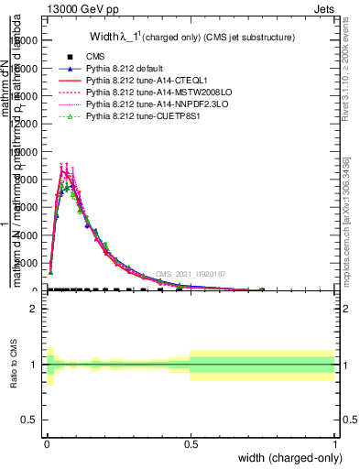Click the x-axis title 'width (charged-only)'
tap(287, 458)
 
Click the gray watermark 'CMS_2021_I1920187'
tap(191, 274)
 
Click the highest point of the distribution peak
tap(63, 169)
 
